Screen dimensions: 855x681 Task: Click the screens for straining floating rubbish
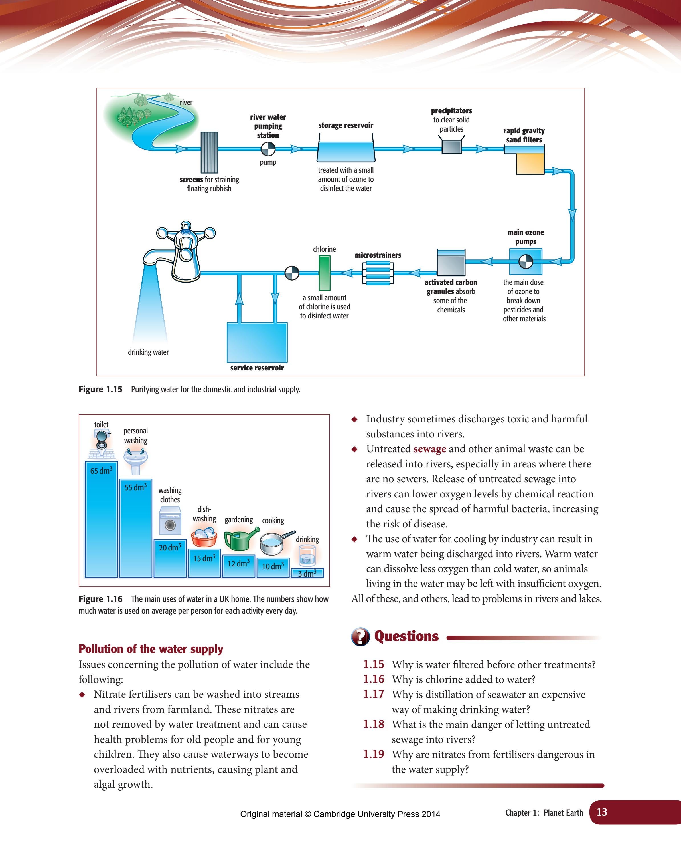point(209,152)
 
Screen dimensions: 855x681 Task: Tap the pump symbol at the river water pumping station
point(268,149)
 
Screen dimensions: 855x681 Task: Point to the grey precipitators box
point(451,147)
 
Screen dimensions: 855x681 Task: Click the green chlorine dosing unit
point(324,273)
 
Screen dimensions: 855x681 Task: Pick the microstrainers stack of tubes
point(378,273)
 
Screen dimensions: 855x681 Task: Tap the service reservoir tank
point(257,342)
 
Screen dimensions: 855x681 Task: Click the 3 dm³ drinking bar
point(307,573)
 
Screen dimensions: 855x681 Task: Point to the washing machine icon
point(170,521)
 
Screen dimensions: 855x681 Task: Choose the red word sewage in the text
point(430,449)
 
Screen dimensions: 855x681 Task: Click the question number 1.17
point(373,694)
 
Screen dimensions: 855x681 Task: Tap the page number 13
point(601,812)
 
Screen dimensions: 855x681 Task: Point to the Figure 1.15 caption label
point(100,390)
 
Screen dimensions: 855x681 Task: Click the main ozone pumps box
point(526,261)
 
